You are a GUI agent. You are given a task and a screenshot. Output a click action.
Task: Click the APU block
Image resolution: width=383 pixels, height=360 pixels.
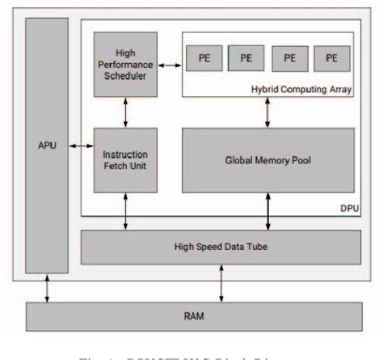tap(47, 146)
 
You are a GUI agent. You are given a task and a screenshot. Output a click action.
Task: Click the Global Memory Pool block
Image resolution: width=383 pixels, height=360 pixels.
tap(267, 159)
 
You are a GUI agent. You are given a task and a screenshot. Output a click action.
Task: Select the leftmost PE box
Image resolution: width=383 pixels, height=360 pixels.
tap(204, 58)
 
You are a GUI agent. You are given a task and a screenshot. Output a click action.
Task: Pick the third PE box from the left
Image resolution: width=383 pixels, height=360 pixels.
tap(288, 58)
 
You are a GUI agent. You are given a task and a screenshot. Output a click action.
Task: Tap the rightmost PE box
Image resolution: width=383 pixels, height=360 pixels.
tap(330, 58)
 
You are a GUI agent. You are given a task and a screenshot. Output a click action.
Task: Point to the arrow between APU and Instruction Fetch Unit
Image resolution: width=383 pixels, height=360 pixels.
tap(81, 146)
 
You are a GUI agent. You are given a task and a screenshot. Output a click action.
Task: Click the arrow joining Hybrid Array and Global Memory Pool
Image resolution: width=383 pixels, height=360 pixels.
tap(267, 112)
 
